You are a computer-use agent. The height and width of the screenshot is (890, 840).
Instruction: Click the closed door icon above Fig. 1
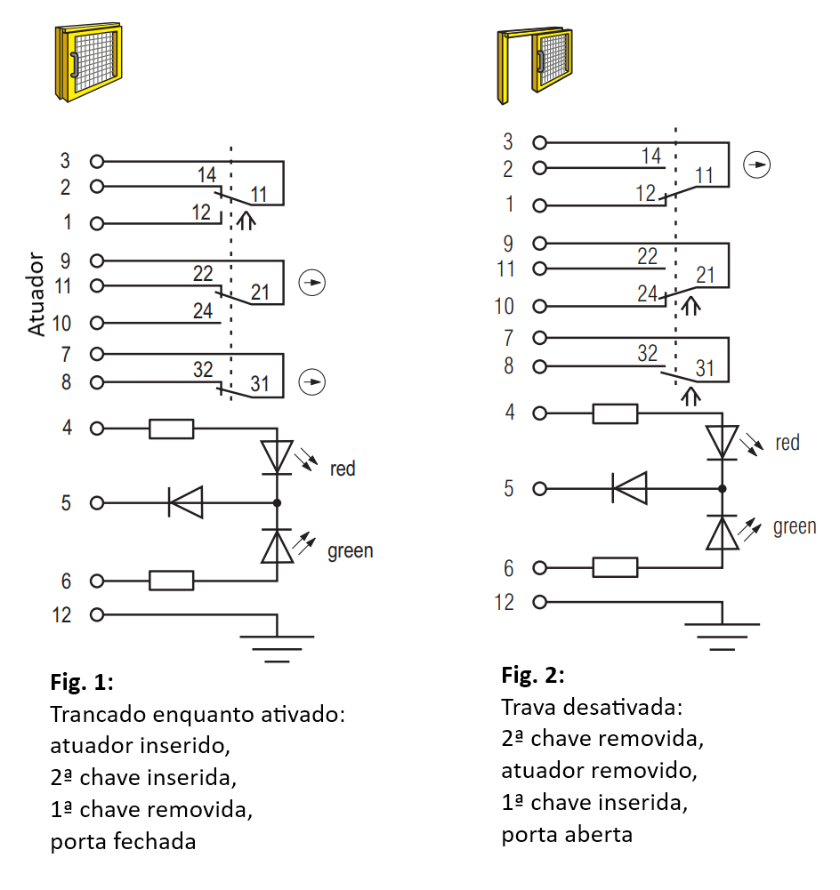(88, 62)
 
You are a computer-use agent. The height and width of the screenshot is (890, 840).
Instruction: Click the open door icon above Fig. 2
(535, 65)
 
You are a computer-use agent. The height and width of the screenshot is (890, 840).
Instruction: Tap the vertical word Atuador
(36, 294)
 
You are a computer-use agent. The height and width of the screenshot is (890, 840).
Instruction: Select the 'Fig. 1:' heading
(82, 682)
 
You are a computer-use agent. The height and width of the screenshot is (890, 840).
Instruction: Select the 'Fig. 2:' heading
(533, 675)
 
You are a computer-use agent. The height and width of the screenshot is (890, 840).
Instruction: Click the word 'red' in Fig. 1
(343, 469)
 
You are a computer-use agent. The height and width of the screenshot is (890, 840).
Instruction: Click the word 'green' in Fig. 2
(795, 527)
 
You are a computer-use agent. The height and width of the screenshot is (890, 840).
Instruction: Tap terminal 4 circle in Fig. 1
(97, 428)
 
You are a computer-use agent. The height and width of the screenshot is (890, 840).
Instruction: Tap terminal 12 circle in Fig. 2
(539, 602)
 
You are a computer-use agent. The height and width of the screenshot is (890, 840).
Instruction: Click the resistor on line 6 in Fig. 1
(171, 581)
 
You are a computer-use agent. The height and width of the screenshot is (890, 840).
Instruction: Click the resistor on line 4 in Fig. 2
(615, 413)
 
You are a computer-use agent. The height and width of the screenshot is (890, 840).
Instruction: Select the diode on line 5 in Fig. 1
(185, 503)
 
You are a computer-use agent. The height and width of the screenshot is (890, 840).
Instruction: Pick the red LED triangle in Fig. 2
(722, 442)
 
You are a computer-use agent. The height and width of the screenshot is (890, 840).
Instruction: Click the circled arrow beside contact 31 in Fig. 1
(312, 382)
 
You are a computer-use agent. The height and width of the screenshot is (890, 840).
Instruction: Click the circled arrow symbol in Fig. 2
(757, 165)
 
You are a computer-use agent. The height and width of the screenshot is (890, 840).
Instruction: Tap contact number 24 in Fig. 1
(203, 311)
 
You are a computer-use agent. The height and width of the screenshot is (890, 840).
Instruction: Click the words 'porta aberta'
(567, 835)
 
